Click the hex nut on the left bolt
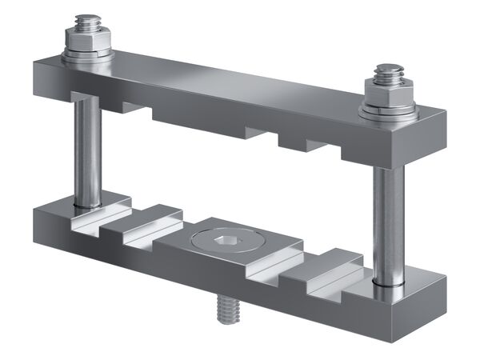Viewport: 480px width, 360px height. coord(87,41)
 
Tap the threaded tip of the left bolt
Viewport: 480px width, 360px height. coord(86,21)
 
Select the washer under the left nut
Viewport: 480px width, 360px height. coord(87,56)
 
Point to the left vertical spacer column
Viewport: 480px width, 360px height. coord(87,152)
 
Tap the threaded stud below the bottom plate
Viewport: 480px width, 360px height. coord(227,309)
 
